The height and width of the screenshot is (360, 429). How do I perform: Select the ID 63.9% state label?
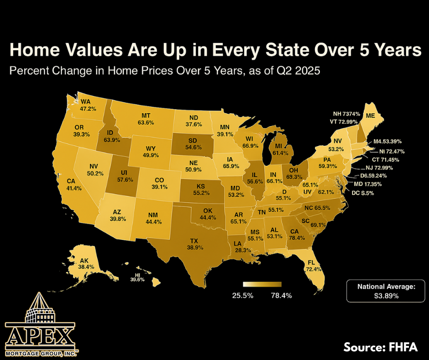[x=110, y=137]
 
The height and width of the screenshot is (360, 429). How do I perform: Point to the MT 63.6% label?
[x=146, y=119]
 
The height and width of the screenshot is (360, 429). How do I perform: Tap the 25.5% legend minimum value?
[x=242, y=296]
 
